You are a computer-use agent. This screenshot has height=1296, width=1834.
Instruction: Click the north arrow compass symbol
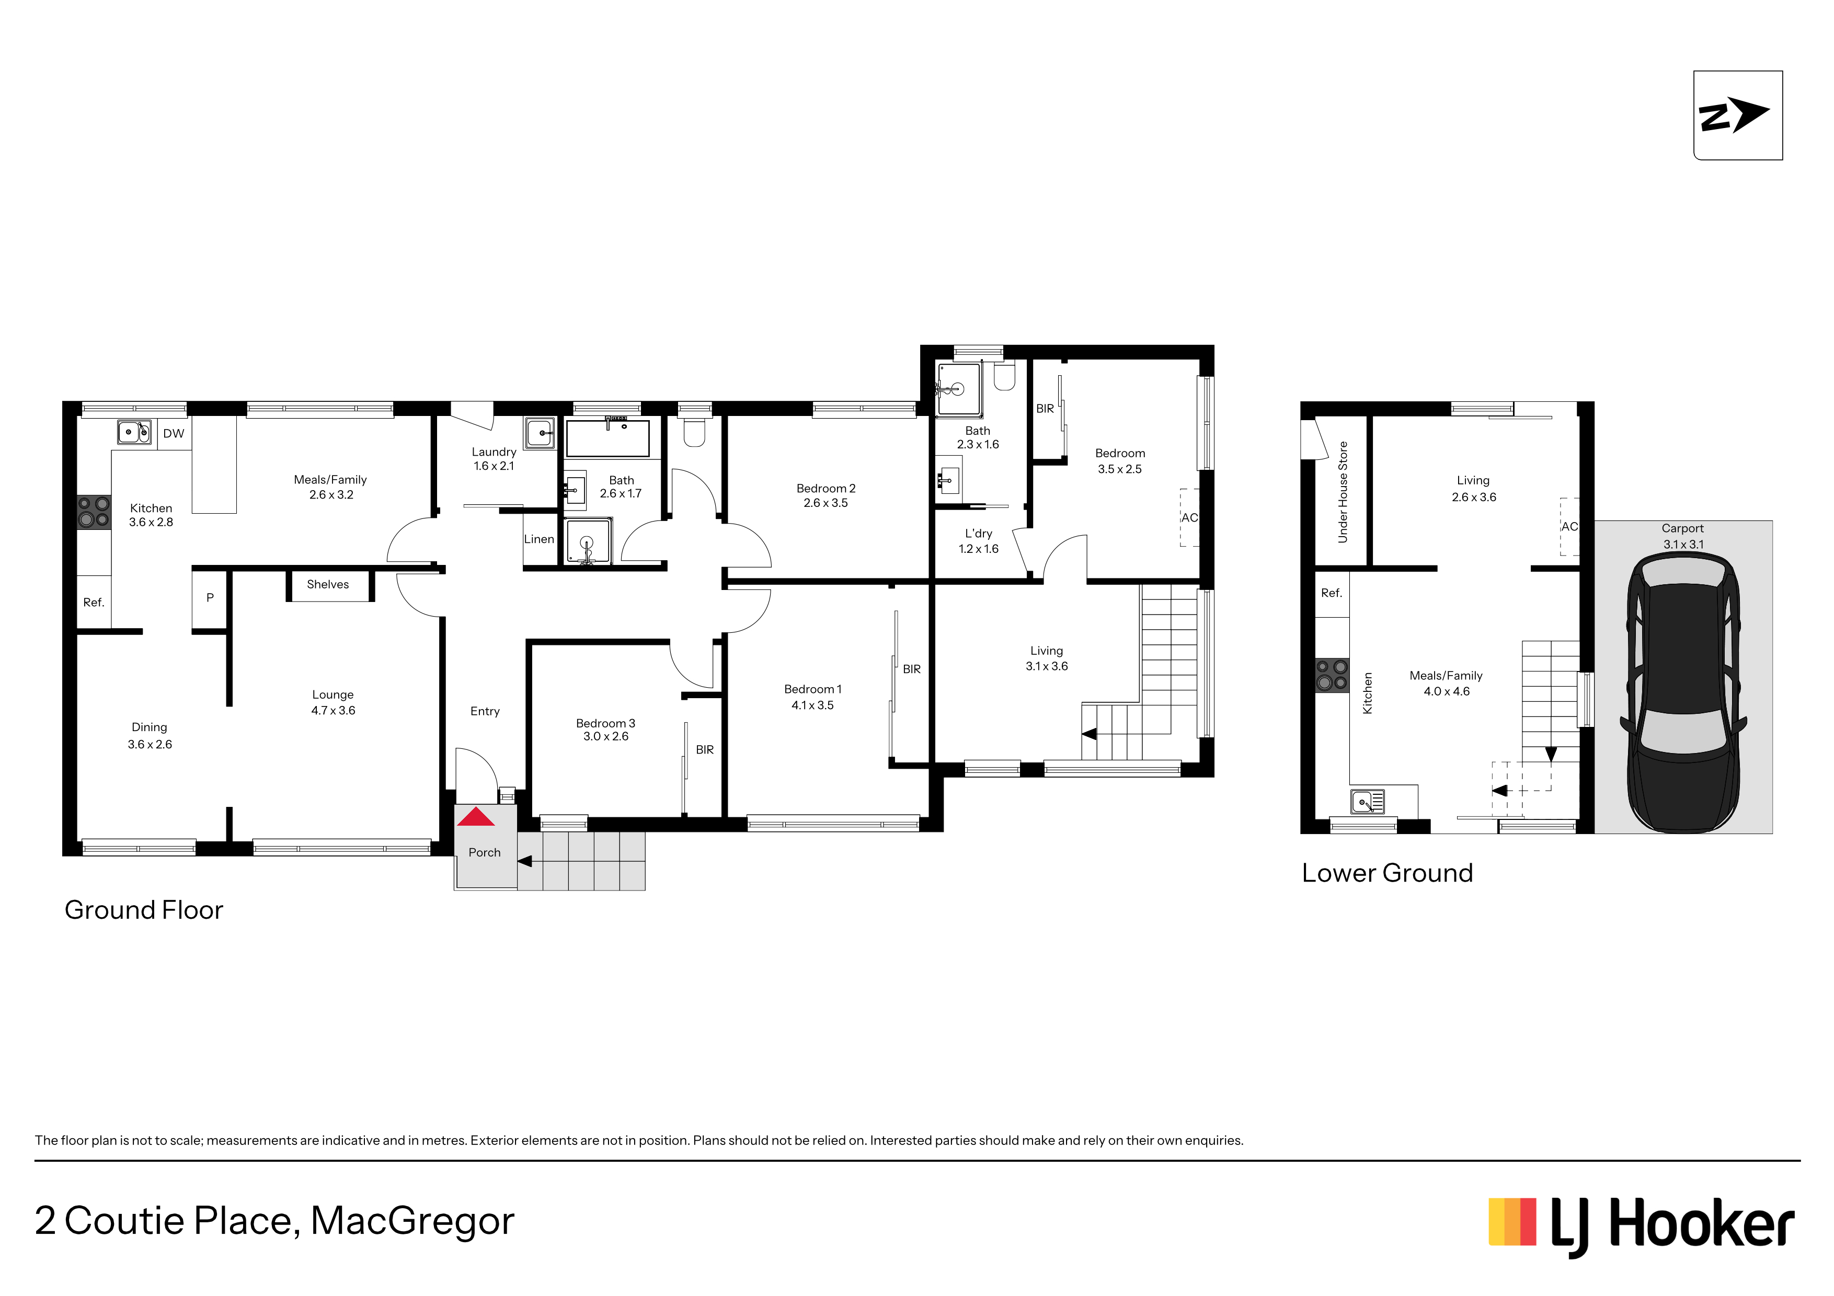tap(1737, 115)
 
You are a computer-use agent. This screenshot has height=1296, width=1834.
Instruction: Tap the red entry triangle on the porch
tap(476, 817)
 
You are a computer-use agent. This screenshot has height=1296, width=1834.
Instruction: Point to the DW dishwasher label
tap(174, 434)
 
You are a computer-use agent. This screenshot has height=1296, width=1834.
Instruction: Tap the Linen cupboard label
tap(539, 539)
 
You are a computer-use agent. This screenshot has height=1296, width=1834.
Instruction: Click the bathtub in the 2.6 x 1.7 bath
tap(608, 437)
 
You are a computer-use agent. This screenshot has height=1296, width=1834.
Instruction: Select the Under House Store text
tap(1343, 492)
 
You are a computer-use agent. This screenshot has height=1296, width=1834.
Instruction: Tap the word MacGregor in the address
tap(412, 1221)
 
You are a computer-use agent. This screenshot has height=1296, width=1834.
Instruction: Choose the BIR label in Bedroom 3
tap(705, 750)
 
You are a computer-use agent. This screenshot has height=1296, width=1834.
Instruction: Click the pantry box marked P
tap(210, 598)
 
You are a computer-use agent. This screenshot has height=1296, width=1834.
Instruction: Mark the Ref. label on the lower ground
tap(1332, 593)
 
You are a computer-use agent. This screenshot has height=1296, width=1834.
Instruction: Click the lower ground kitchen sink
tap(1368, 801)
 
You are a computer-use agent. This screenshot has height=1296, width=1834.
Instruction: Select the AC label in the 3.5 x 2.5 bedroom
tap(1189, 517)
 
